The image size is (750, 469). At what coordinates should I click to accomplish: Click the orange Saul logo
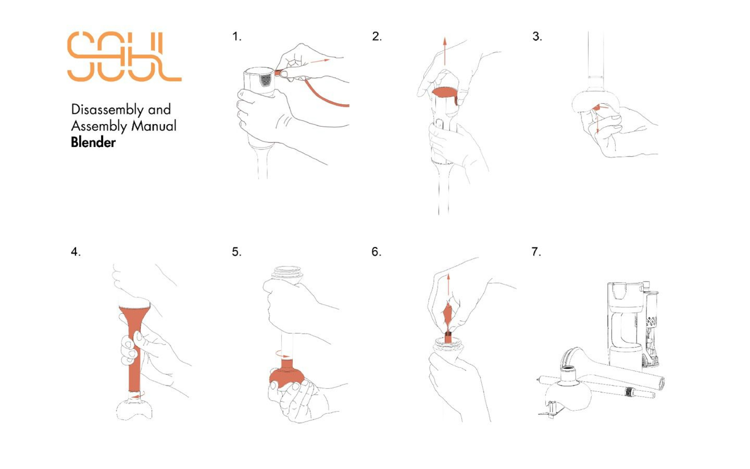click(124, 57)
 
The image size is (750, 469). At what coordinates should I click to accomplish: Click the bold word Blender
click(93, 142)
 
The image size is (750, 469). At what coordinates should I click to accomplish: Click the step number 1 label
click(237, 36)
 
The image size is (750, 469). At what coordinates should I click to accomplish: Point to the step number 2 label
click(377, 36)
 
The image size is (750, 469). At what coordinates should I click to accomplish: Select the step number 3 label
click(537, 36)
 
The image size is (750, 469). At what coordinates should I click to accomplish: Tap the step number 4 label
click(76, 252)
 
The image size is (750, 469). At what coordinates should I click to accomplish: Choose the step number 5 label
click(236, 252)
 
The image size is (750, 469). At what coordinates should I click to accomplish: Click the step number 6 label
click(376, 252)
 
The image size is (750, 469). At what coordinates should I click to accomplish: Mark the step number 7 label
click(536, 252)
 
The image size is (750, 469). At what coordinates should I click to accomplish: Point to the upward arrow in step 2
click(444, 51)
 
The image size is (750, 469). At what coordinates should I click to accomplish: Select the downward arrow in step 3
click(597, 120)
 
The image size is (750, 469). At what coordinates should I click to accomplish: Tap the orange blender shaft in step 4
click(134, 347)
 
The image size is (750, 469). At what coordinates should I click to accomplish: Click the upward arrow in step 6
click(448, 288)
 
